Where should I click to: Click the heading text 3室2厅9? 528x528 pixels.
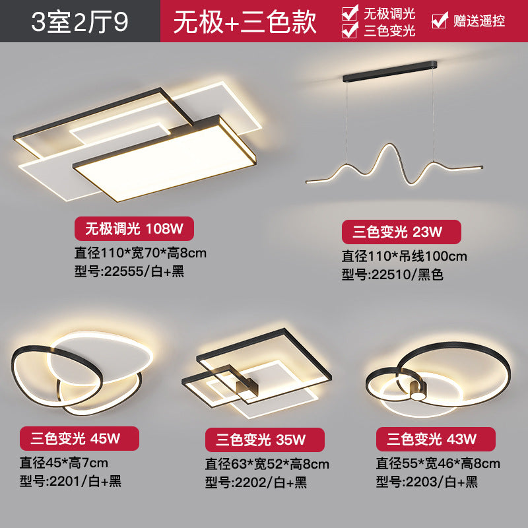[x=80, y=21]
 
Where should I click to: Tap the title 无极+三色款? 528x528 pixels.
[x=245, y=21]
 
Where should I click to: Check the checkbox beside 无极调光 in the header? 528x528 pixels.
[x=350, y=13]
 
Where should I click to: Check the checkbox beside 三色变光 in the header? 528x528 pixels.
[x=350, y=30]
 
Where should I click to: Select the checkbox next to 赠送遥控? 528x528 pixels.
[x=439, y=21]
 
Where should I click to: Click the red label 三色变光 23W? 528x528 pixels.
[x=401, y=232]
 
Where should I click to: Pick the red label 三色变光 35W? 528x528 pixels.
[x=264, y=440]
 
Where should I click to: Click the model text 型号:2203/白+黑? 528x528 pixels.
[x=426, y=482]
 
